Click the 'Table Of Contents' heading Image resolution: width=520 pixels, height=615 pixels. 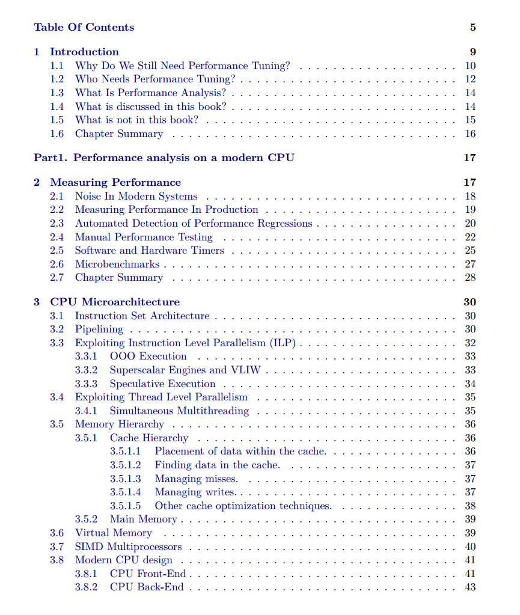click(84, 27)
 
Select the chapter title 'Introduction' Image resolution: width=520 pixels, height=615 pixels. click(84, 52)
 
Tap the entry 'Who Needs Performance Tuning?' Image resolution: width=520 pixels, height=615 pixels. click(154, 79)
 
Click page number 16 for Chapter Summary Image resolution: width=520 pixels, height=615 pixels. click(470, 133)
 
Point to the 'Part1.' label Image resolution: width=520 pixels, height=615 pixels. click(50, 158)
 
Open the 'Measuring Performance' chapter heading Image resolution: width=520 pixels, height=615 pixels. click(115, 182)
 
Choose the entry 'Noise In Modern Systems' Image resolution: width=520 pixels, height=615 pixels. click(136, 196)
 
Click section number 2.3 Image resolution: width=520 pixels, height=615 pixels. click(57, 223)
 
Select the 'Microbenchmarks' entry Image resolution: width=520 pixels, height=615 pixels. click(117, 264)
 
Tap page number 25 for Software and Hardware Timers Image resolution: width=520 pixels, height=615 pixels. click(470, 250)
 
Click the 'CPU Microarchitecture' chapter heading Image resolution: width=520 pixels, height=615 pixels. click(114, 302)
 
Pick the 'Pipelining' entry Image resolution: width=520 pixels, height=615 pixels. click(99, 329)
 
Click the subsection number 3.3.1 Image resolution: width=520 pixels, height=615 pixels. click(86, 356)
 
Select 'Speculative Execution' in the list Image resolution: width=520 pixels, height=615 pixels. click(162, 384)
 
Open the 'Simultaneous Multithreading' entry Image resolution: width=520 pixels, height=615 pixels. click(179, 411)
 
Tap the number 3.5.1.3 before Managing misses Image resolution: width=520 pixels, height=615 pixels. click(125, 479)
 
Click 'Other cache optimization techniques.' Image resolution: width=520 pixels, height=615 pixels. click(243, 506)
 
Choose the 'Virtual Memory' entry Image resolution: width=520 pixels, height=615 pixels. click(113, 533)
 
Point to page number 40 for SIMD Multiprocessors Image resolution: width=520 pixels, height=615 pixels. click(470, 546)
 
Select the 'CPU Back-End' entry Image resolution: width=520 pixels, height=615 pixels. click(146, 587)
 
